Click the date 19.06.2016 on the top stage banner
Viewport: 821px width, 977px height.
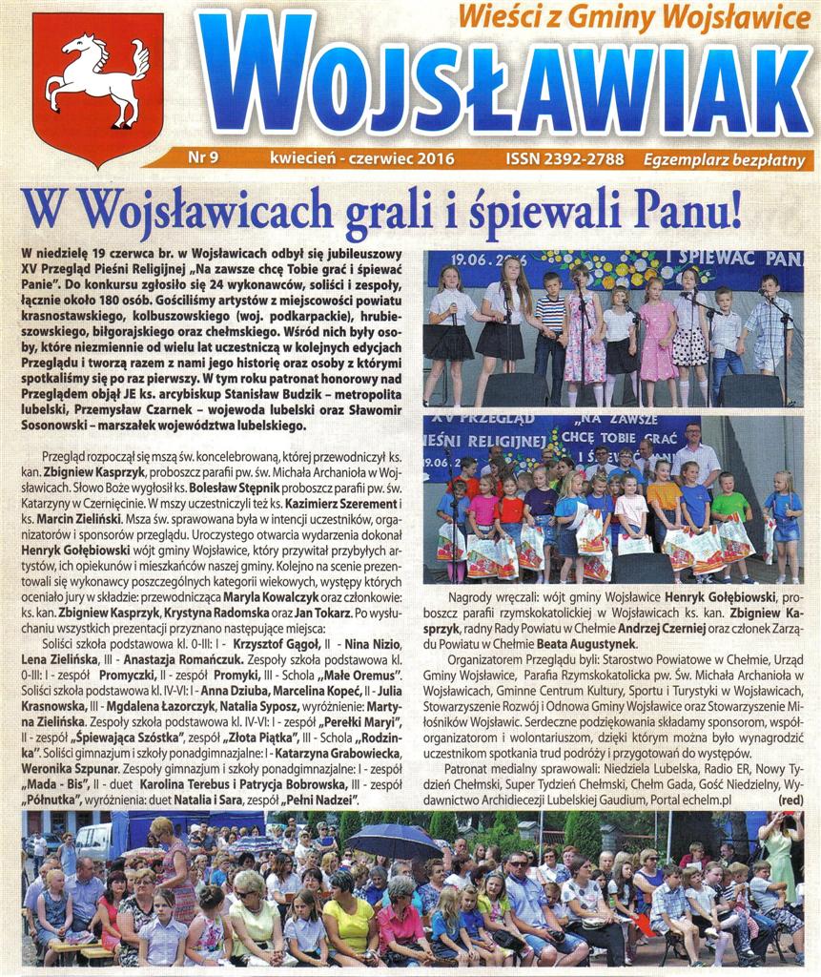click(x=465, y=259)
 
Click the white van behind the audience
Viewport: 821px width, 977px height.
click(x=95, y=840)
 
